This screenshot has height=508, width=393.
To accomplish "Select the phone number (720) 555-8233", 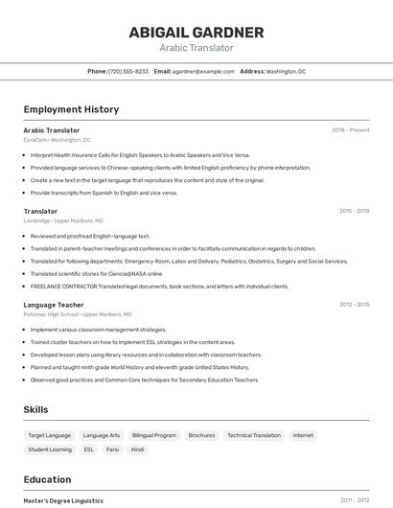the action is click(128, 71).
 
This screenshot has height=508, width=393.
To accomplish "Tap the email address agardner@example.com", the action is click(203, 71).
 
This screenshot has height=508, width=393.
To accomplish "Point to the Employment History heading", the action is click(71, 109).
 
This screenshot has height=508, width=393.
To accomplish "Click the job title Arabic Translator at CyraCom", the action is click(52, 130).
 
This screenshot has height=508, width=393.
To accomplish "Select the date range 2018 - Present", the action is click(350, 130).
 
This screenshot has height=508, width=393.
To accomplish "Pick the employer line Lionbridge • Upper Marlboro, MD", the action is click(64, 220).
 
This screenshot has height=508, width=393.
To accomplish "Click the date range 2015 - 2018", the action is click(354, 211).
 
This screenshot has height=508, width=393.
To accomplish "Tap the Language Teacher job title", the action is click(54, 305).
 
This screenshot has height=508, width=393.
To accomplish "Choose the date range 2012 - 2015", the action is click(354, 305).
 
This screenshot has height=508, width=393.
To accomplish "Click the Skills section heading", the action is click(36, 409).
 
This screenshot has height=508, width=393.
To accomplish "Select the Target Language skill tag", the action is click(49, 435).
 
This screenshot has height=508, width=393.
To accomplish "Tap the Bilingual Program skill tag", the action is click(154, 435).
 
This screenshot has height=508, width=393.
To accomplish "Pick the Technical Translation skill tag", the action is click(254, 435).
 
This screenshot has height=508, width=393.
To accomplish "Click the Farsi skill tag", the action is click(113, 449).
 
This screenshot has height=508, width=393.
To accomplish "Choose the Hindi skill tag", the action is click(138, 449).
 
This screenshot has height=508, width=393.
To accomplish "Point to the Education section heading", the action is click(47, 479).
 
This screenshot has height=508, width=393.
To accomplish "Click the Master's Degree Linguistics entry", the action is click(63, 500).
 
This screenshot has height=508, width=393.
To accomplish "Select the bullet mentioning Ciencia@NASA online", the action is click(96, 273).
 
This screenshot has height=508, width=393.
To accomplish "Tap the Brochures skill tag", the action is click(201, 435).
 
